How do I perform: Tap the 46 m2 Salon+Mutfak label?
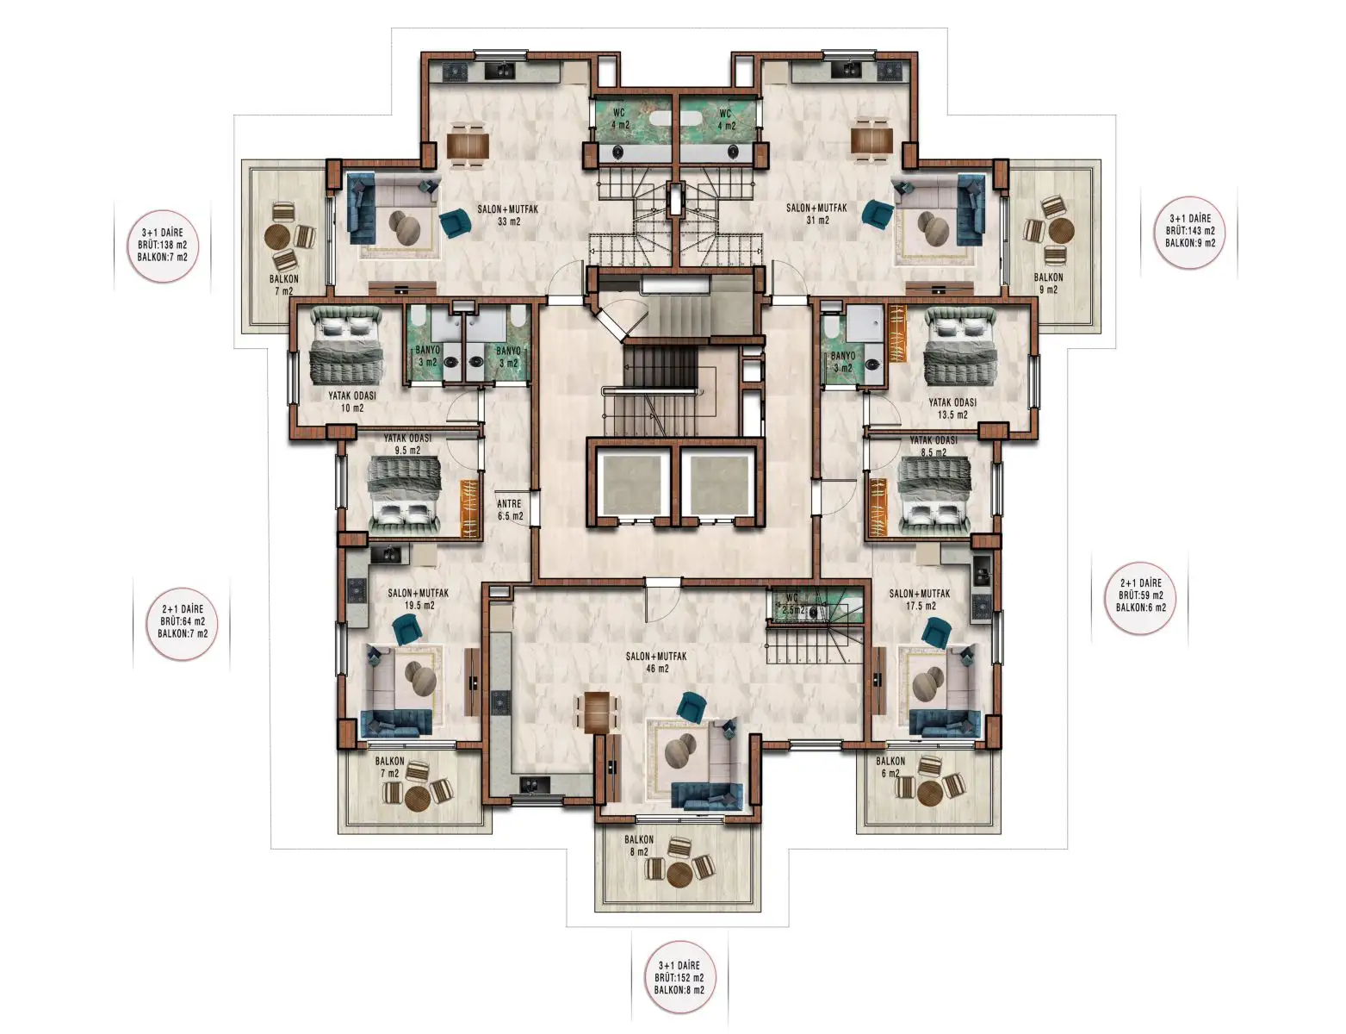656,662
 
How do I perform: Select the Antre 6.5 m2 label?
509,510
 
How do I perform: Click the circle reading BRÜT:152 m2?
679,977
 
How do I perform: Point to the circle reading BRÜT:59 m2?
1140,595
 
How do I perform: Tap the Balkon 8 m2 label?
638,845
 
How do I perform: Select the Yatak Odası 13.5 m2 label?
952,408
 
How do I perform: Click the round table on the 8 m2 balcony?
679,873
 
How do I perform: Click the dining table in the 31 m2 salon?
871,140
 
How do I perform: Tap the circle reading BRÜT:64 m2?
183,620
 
